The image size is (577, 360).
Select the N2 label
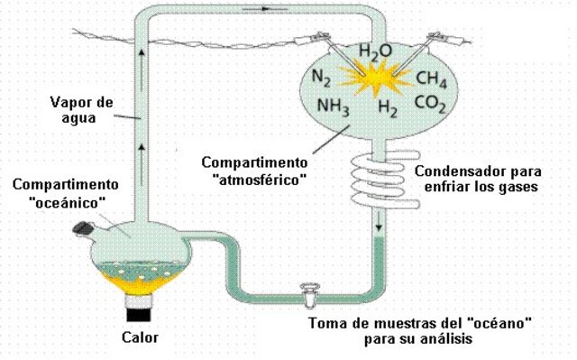pos(322,78)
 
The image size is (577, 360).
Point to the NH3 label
pos(334,106)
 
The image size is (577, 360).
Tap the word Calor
pos(140,339)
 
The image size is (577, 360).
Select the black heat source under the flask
pos(139,314)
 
